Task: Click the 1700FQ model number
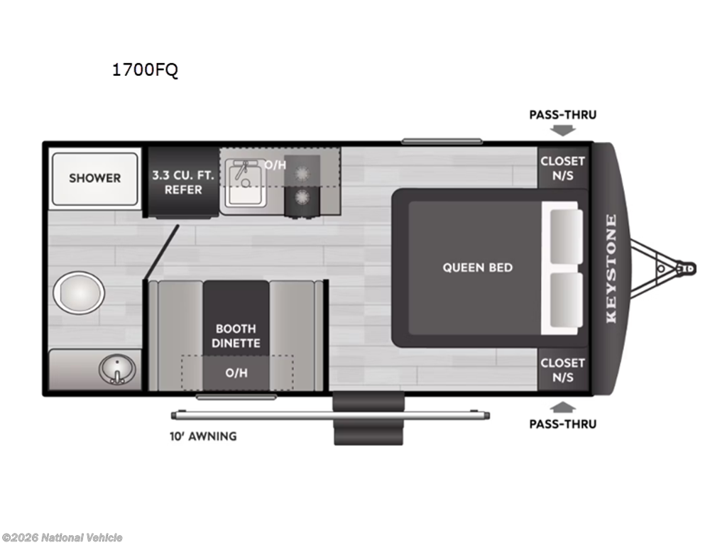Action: (x=145, y=70)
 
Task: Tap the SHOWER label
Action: (x=94, y=178)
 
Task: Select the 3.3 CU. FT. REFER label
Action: (x=183, y=182)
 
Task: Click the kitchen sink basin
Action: (x=246, y=185)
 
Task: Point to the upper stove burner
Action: (x=302, y=173)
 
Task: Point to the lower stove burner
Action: (x=302, y=197)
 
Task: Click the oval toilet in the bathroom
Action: (x=79, y=293)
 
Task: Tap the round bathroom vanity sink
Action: (x=117, y=369)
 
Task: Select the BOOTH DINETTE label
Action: (x=236, y=336)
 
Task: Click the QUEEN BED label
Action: (x=478, y=268)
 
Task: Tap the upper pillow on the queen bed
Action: (x=566, y=236)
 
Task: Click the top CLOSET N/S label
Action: (x=562, y=168)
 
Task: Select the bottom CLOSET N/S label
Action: (x=562, y=370)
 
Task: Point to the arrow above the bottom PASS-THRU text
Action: (x=563, y=407)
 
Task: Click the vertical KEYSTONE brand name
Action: (x=611, y=268)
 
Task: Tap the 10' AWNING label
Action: (x=203, y=436)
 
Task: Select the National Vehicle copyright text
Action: (x=62, y=537)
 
